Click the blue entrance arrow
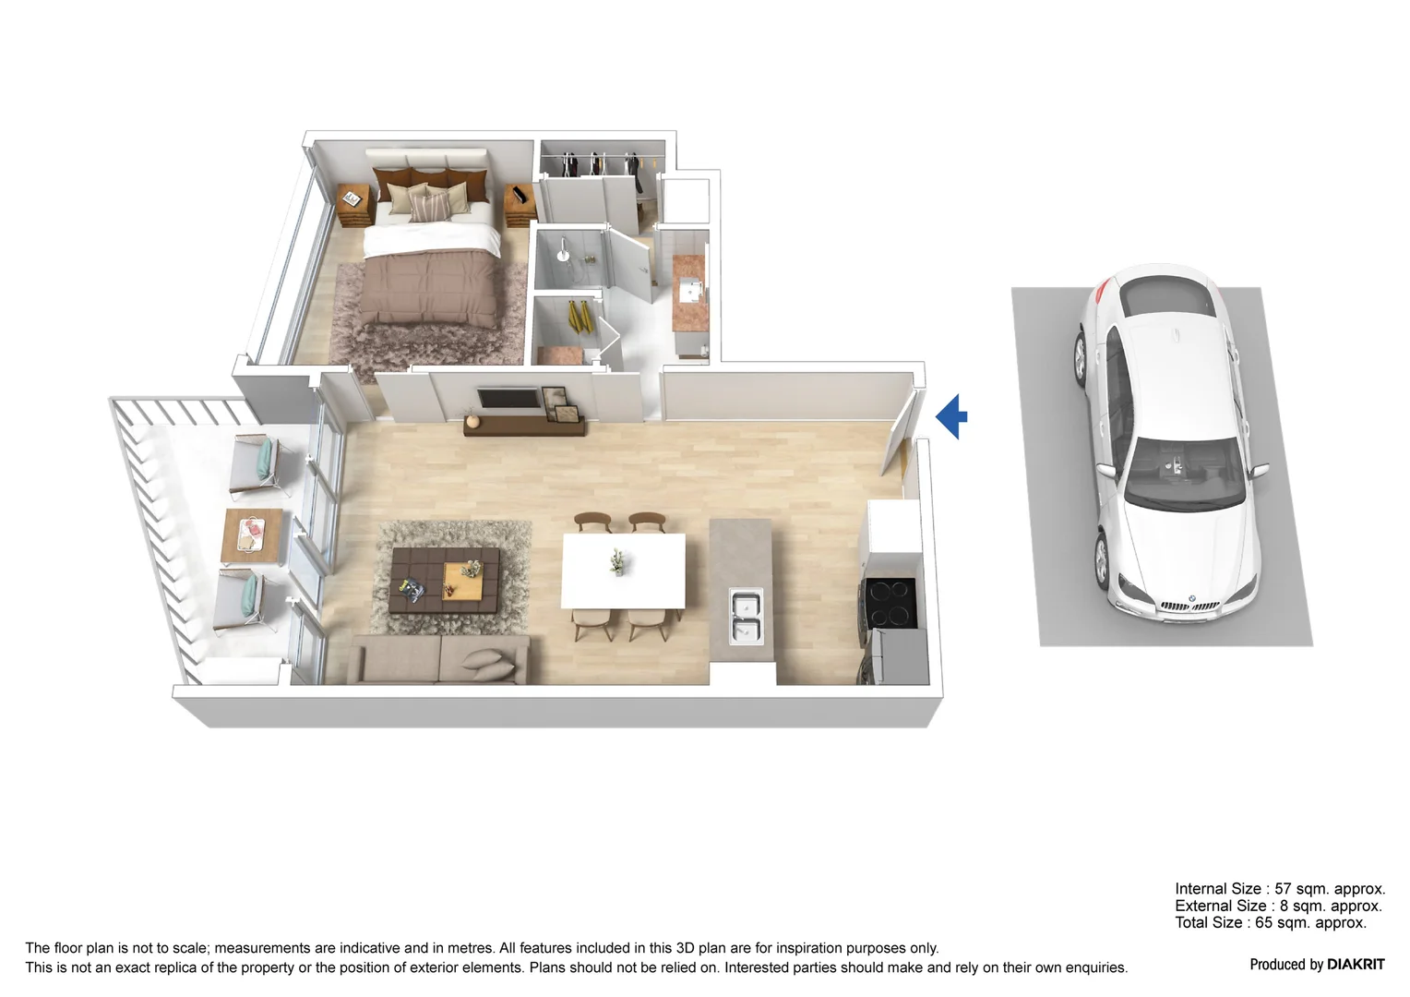point(952,416)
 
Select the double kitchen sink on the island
point(746,618)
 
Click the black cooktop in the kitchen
point(890,603)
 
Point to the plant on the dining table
point(617,560)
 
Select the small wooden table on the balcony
point(250,536)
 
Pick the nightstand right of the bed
point(520,206)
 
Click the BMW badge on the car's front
point(1190,597)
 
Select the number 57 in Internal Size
point(1284,889)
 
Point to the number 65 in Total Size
point(1264,922)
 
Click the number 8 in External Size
point(1284,906)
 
